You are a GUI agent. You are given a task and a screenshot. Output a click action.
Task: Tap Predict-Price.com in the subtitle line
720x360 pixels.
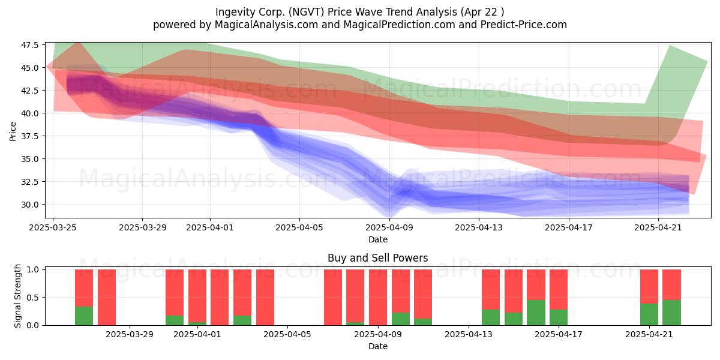[x=524, y=25]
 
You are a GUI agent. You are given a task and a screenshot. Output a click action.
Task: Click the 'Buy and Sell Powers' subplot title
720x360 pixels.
[x=377, y=258]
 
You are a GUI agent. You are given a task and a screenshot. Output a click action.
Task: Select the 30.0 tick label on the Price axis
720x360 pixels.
[x=30, y=205]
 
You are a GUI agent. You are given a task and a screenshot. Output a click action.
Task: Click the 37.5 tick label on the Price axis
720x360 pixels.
[x=30, y=136]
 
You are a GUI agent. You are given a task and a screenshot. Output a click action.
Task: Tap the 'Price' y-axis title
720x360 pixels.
[x=13, y=131]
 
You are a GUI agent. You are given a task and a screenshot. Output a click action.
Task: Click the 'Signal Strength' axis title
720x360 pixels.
[x=17, y=296]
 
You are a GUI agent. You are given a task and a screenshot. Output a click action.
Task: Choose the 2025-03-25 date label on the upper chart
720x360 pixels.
[x=53, y=227]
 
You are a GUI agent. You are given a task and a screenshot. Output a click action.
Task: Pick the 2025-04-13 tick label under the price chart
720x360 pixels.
[x=479, y=227]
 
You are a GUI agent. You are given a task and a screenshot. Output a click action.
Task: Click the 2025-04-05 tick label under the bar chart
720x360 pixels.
[x=287, y=335]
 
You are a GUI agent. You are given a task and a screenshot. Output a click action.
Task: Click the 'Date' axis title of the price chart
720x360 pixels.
[x=377, y=239]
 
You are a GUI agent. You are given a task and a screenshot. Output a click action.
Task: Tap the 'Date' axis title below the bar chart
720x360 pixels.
[x=377, y=347]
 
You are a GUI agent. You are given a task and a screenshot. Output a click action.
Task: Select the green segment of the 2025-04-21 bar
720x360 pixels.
[x=649, y=314]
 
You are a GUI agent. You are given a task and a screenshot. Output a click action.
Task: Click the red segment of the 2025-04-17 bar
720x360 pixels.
[x=559, y=290]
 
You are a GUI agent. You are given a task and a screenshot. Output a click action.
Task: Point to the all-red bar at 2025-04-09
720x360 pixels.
[x=377, y=298]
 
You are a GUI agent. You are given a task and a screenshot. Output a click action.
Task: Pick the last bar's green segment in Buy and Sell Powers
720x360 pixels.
[x=671, y=313]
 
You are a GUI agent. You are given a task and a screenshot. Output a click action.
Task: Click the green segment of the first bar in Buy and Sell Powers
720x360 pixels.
[x=84, y=316]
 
